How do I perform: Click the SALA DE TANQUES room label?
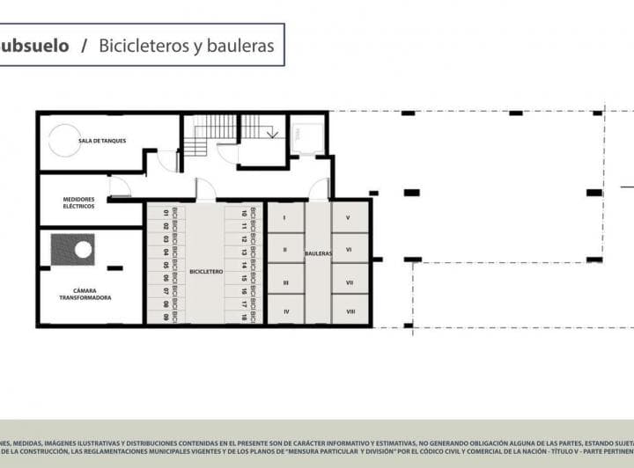tap(102, 141)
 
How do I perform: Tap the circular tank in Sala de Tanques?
tap(63, 139)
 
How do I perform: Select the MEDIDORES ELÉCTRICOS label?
tap(79, 203)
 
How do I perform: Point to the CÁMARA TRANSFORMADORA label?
tap(85, 294)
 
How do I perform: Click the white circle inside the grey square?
tap(83, 250)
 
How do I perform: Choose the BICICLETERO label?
tap(204, 272)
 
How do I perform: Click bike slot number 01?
tap(166, 213)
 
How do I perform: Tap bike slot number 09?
tap(166, 316)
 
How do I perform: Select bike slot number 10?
tap(243, 213)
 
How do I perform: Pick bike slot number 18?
tap(243, 316)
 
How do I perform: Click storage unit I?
tap(285, 217)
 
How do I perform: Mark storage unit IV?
tap(285, 311)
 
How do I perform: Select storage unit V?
tap(349, 217)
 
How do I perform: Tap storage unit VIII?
tap(350, 311)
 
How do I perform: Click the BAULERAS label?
tap(318, 253)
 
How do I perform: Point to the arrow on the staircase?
tap(272, 133)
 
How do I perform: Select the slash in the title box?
tap(84, 46)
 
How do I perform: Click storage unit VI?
tap(349, 249)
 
